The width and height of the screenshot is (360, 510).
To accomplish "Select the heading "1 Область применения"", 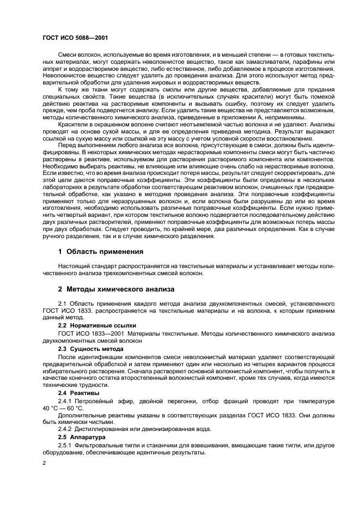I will pos(101,252).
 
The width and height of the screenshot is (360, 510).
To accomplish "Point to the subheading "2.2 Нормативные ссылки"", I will pos(93,325).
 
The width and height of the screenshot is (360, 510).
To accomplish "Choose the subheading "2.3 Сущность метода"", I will pos(90,348).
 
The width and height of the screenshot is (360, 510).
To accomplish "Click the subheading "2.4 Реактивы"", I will pos(80,392).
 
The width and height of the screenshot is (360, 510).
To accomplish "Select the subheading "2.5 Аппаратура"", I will pos(83,437).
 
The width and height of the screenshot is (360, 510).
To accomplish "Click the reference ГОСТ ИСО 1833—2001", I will pos(87,333).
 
